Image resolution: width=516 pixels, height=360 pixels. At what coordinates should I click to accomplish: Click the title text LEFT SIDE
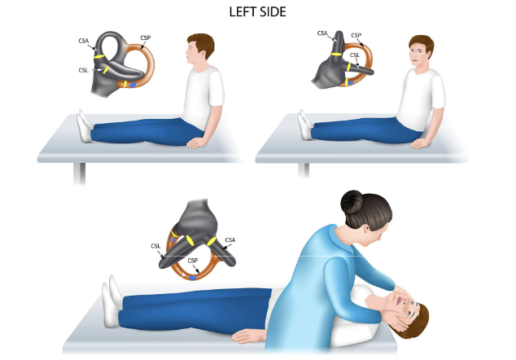coord(258,12)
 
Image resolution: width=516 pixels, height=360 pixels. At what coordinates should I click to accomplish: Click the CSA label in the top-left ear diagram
coord(84,41)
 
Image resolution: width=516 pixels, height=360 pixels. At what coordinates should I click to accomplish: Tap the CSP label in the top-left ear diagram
coord(146,38)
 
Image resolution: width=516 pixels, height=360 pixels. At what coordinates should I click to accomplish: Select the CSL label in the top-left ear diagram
coord(83,70)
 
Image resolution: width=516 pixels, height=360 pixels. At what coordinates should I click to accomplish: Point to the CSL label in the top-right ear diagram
coord(355,55)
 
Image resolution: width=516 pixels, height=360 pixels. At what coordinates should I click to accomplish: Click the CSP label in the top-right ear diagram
coord(356,35)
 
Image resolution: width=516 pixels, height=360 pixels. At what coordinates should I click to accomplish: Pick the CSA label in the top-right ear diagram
coord(322,33)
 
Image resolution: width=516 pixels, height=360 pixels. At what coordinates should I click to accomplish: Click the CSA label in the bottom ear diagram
coord(230,239)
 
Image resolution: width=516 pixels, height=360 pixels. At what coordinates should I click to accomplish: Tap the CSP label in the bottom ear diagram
coord(193,260)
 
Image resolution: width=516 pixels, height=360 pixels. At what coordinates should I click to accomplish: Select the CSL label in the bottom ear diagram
coord(155,246)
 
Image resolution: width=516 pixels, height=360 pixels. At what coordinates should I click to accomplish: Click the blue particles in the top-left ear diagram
coord(133,85)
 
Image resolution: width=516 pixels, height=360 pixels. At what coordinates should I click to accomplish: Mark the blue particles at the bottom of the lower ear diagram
coord(192,278)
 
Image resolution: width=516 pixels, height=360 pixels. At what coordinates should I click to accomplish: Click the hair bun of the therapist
coord(352,202)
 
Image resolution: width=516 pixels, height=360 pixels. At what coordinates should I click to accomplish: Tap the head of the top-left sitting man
coord(199,50)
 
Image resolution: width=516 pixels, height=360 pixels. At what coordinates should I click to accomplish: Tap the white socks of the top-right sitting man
coord(305,125)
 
